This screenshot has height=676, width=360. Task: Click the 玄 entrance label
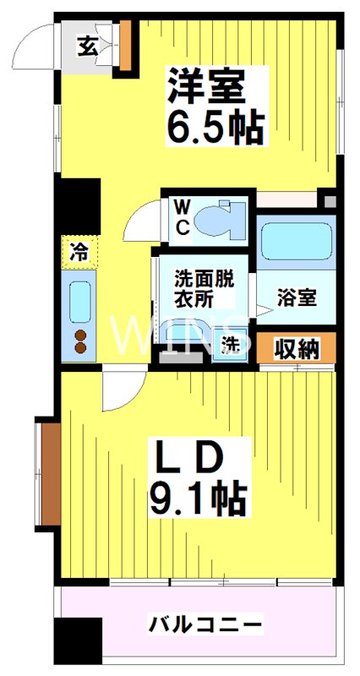pyautogui.click(x=88, y=46)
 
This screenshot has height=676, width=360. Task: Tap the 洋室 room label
pyautogui.click(x=207, y=85)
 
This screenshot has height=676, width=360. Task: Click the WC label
pyautogui.click(x=183, y=217)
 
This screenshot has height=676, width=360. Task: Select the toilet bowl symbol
pyautogui.click(x=219, y=219)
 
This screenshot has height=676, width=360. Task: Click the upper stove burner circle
pyautogui.click(x=81, y=334)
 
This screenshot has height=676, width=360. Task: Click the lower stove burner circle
pyautogui.click(x=81, y=347)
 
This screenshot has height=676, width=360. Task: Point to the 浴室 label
pyautogui.click(x=297, y=298)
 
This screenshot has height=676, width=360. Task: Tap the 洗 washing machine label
pyautogui.click(x=230, y=345)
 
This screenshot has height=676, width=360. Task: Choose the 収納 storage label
pyautogui.click(x=297, y=348)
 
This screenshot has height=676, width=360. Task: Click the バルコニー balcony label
pyautogui.click(x=207, y=626)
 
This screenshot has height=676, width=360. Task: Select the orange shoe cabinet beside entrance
pyautogui.click(x=125, y=44)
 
